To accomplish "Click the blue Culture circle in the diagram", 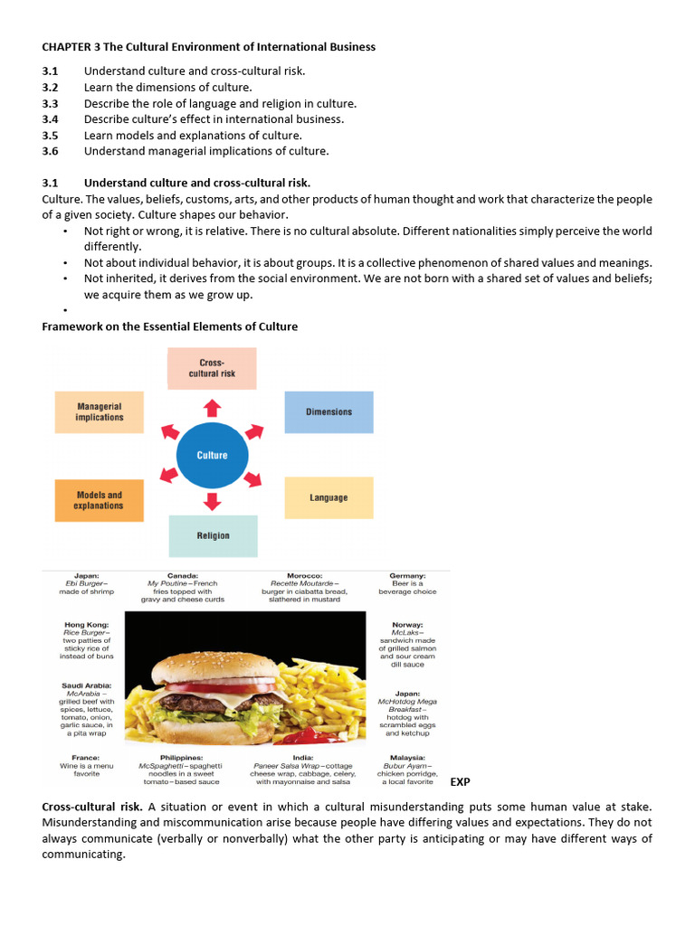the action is pos(212,455).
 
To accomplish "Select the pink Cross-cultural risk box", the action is pos(212,368).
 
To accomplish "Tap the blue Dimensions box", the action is pos(328,412).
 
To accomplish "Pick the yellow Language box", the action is pos(328,497).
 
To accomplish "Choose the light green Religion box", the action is pos(213,535).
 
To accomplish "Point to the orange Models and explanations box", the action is pos(99,500).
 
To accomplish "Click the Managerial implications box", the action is pos(100,412).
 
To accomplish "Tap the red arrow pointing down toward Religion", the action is pos(212,501).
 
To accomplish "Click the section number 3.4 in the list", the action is pos(50,118).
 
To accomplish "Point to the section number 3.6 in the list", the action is pos(50,151).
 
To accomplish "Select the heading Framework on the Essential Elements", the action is pos(170,326).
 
